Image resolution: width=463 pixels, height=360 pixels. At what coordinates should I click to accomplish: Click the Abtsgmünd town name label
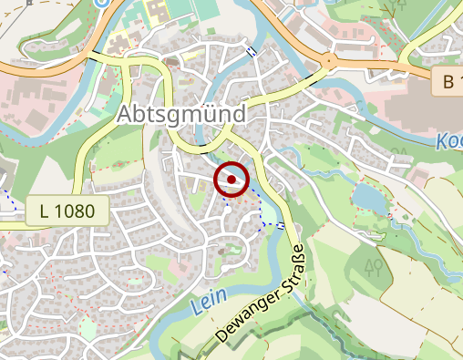tap(182, 114)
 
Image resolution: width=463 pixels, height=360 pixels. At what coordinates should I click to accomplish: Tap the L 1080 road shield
tap(67, 211)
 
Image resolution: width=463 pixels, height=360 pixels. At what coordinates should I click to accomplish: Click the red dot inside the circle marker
tap(231, 180)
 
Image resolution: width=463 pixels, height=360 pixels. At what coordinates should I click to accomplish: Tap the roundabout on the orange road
tap(327, 62)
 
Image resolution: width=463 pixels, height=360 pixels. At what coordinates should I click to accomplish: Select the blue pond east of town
tap(367, 196)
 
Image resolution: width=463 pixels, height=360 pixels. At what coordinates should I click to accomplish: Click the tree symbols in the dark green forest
tap(372, 267)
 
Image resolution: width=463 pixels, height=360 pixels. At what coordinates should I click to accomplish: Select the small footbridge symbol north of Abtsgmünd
tap(252, 52)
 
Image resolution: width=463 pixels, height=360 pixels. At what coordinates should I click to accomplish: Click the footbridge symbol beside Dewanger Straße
tap(282, 225)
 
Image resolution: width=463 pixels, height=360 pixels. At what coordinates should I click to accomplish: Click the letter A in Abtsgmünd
tap(127, 114)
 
